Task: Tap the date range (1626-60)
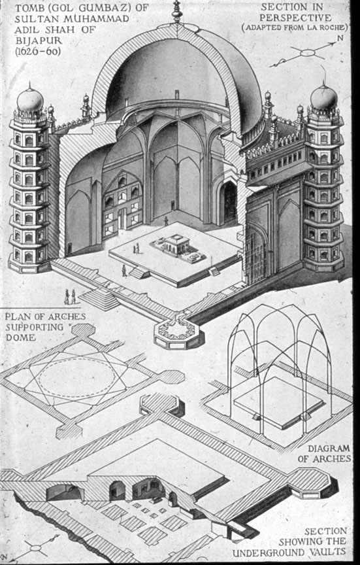[x=38, y=51]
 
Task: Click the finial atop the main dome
[x=176, y=11]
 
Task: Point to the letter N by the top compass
[x=340, y=37]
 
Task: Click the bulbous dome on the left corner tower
[x=30, y=99]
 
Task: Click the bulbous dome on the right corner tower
[x=323, y=97]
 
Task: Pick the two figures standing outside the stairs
[x=70, y=297]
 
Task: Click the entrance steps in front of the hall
[x=99, y=299]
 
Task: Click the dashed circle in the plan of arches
[x=77, y=377]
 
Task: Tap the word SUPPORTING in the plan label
[x=34, y=328]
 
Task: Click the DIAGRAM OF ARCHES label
[x=324, y=453]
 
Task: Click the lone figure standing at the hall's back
[x=166, y=221]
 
